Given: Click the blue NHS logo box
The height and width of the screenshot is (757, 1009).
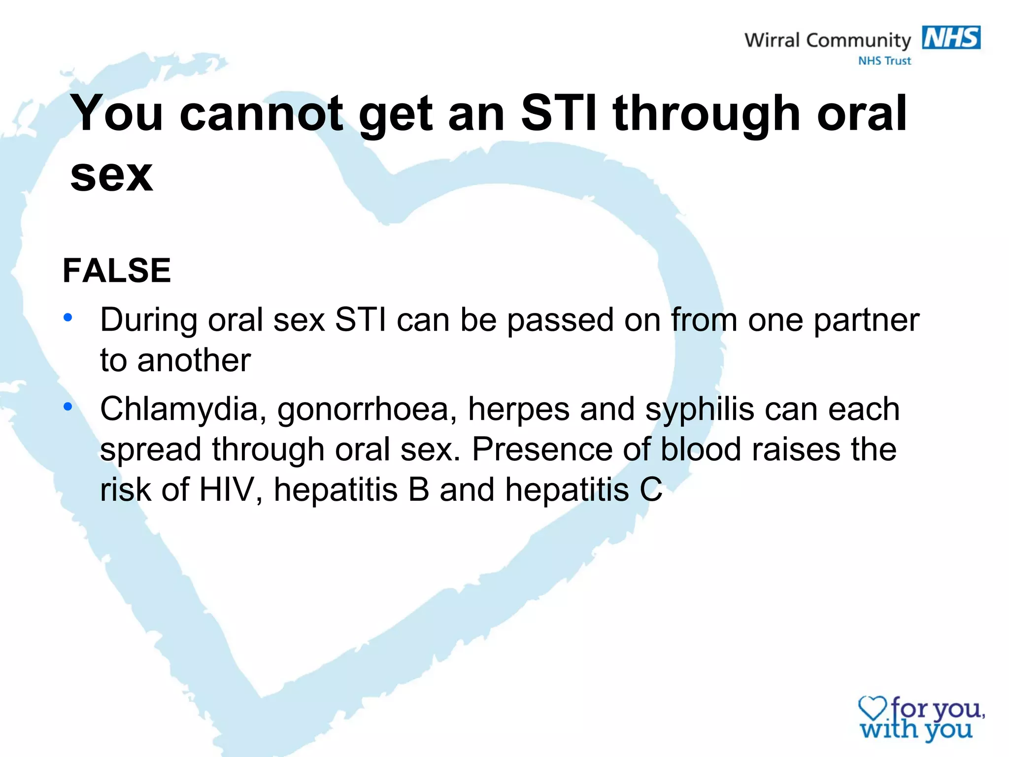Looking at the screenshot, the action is pos(951,37).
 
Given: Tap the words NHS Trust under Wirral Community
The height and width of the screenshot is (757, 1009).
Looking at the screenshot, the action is pos(884,61).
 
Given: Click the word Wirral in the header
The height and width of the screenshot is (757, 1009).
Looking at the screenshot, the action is pos(772,40).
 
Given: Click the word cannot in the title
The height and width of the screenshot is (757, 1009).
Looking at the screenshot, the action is pos(261,114).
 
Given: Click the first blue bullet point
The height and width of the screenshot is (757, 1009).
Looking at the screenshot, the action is pos(68,317).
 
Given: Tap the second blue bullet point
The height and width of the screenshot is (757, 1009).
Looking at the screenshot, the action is pos(68,407).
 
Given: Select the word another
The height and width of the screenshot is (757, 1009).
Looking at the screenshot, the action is pos(194,360).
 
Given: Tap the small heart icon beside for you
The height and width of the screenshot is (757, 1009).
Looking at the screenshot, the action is pos(872,709).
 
